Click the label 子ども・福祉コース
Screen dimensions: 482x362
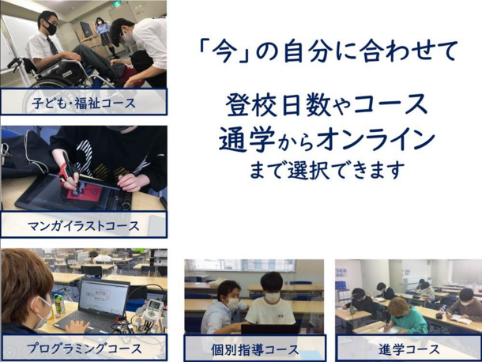pos(84,103)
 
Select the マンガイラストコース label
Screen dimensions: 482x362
pos(84,226)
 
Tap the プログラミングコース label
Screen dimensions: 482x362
pos(84,349)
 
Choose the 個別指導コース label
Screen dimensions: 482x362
pos(255,349)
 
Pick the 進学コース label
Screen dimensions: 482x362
pos(409,349)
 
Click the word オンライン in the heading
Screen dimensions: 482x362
pos(375,140)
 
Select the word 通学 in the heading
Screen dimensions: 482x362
pos(247,139)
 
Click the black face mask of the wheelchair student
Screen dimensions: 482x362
pos(50,28)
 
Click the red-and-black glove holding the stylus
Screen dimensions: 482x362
pos(67,175)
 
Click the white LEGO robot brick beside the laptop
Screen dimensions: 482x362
pos(154,309)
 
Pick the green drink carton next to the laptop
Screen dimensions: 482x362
pos(59,304)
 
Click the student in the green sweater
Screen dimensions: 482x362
pos(405,316)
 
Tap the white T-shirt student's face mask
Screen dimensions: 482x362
pos(272,297)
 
